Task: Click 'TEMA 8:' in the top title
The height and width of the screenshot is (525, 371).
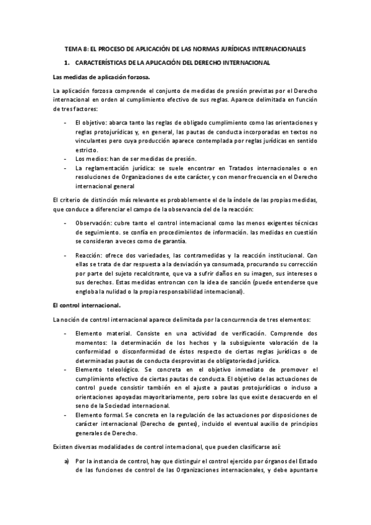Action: click(x=79, y=48)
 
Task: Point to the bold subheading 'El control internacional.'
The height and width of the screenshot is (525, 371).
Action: click(x=87, y=305)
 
